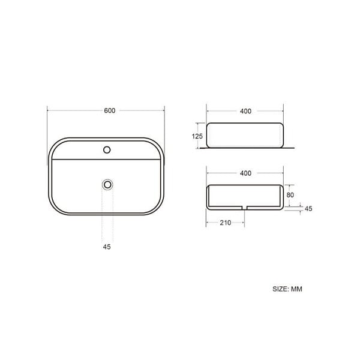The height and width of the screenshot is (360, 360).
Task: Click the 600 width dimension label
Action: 110,110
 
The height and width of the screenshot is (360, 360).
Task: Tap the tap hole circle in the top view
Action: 107,150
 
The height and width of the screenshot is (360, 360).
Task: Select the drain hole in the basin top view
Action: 107,184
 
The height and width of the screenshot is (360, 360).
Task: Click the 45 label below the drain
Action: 107,247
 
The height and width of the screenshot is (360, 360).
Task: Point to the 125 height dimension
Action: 197,136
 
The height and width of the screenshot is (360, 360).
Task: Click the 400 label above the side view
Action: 245,111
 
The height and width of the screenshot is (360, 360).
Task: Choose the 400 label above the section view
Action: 245,173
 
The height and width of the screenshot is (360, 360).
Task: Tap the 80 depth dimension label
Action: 290,195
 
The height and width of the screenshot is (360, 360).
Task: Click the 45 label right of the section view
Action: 308,208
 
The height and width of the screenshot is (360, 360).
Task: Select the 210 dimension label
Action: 226,223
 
